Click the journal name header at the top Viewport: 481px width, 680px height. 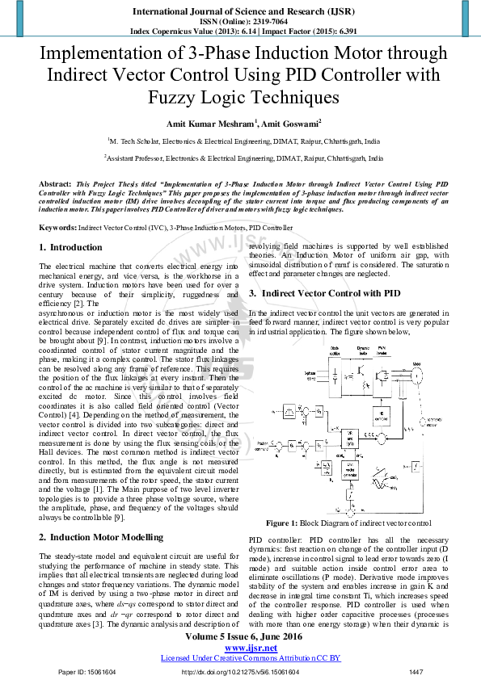(240, 11)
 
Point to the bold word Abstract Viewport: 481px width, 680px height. (55, 184)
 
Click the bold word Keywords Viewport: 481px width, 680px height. (57, 229)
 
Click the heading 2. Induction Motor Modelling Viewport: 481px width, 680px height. (101, 537)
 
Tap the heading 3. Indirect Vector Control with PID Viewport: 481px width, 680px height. (325, 292)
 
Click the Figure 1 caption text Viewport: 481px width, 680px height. (348, 523)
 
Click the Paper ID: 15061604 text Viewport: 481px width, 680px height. (87, 672)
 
